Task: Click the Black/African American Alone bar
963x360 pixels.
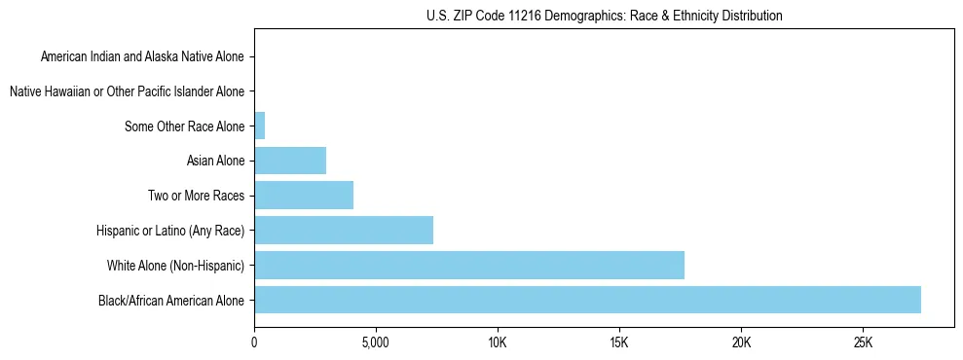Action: (x=587, y=300)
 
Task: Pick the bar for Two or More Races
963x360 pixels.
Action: (x=303, y=195)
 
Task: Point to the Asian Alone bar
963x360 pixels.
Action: (x=289, y=160)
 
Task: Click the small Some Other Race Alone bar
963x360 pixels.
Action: (x=259, y=126)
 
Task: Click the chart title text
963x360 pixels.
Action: (x=604, y=16)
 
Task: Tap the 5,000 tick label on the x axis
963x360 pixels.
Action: (x=375, y=342)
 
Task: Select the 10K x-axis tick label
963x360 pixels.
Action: (x=498, y=342)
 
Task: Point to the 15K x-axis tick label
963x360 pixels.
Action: (x=619, y=342)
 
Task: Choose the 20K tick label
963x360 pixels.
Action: (x=741, y=342)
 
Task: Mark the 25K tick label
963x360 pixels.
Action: (x=863, y=342)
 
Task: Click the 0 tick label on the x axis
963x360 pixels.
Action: (x=254, y=342)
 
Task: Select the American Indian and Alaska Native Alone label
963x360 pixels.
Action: (x=142, y=56)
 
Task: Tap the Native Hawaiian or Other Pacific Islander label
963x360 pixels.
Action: (x=127, y=91)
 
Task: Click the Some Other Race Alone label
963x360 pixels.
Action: (x=184, y=126)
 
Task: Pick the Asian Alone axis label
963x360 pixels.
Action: (x=215, y=161)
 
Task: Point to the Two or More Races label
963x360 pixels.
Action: (x=196, y=196)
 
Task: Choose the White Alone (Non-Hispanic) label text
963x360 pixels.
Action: (x=175, y=266)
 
